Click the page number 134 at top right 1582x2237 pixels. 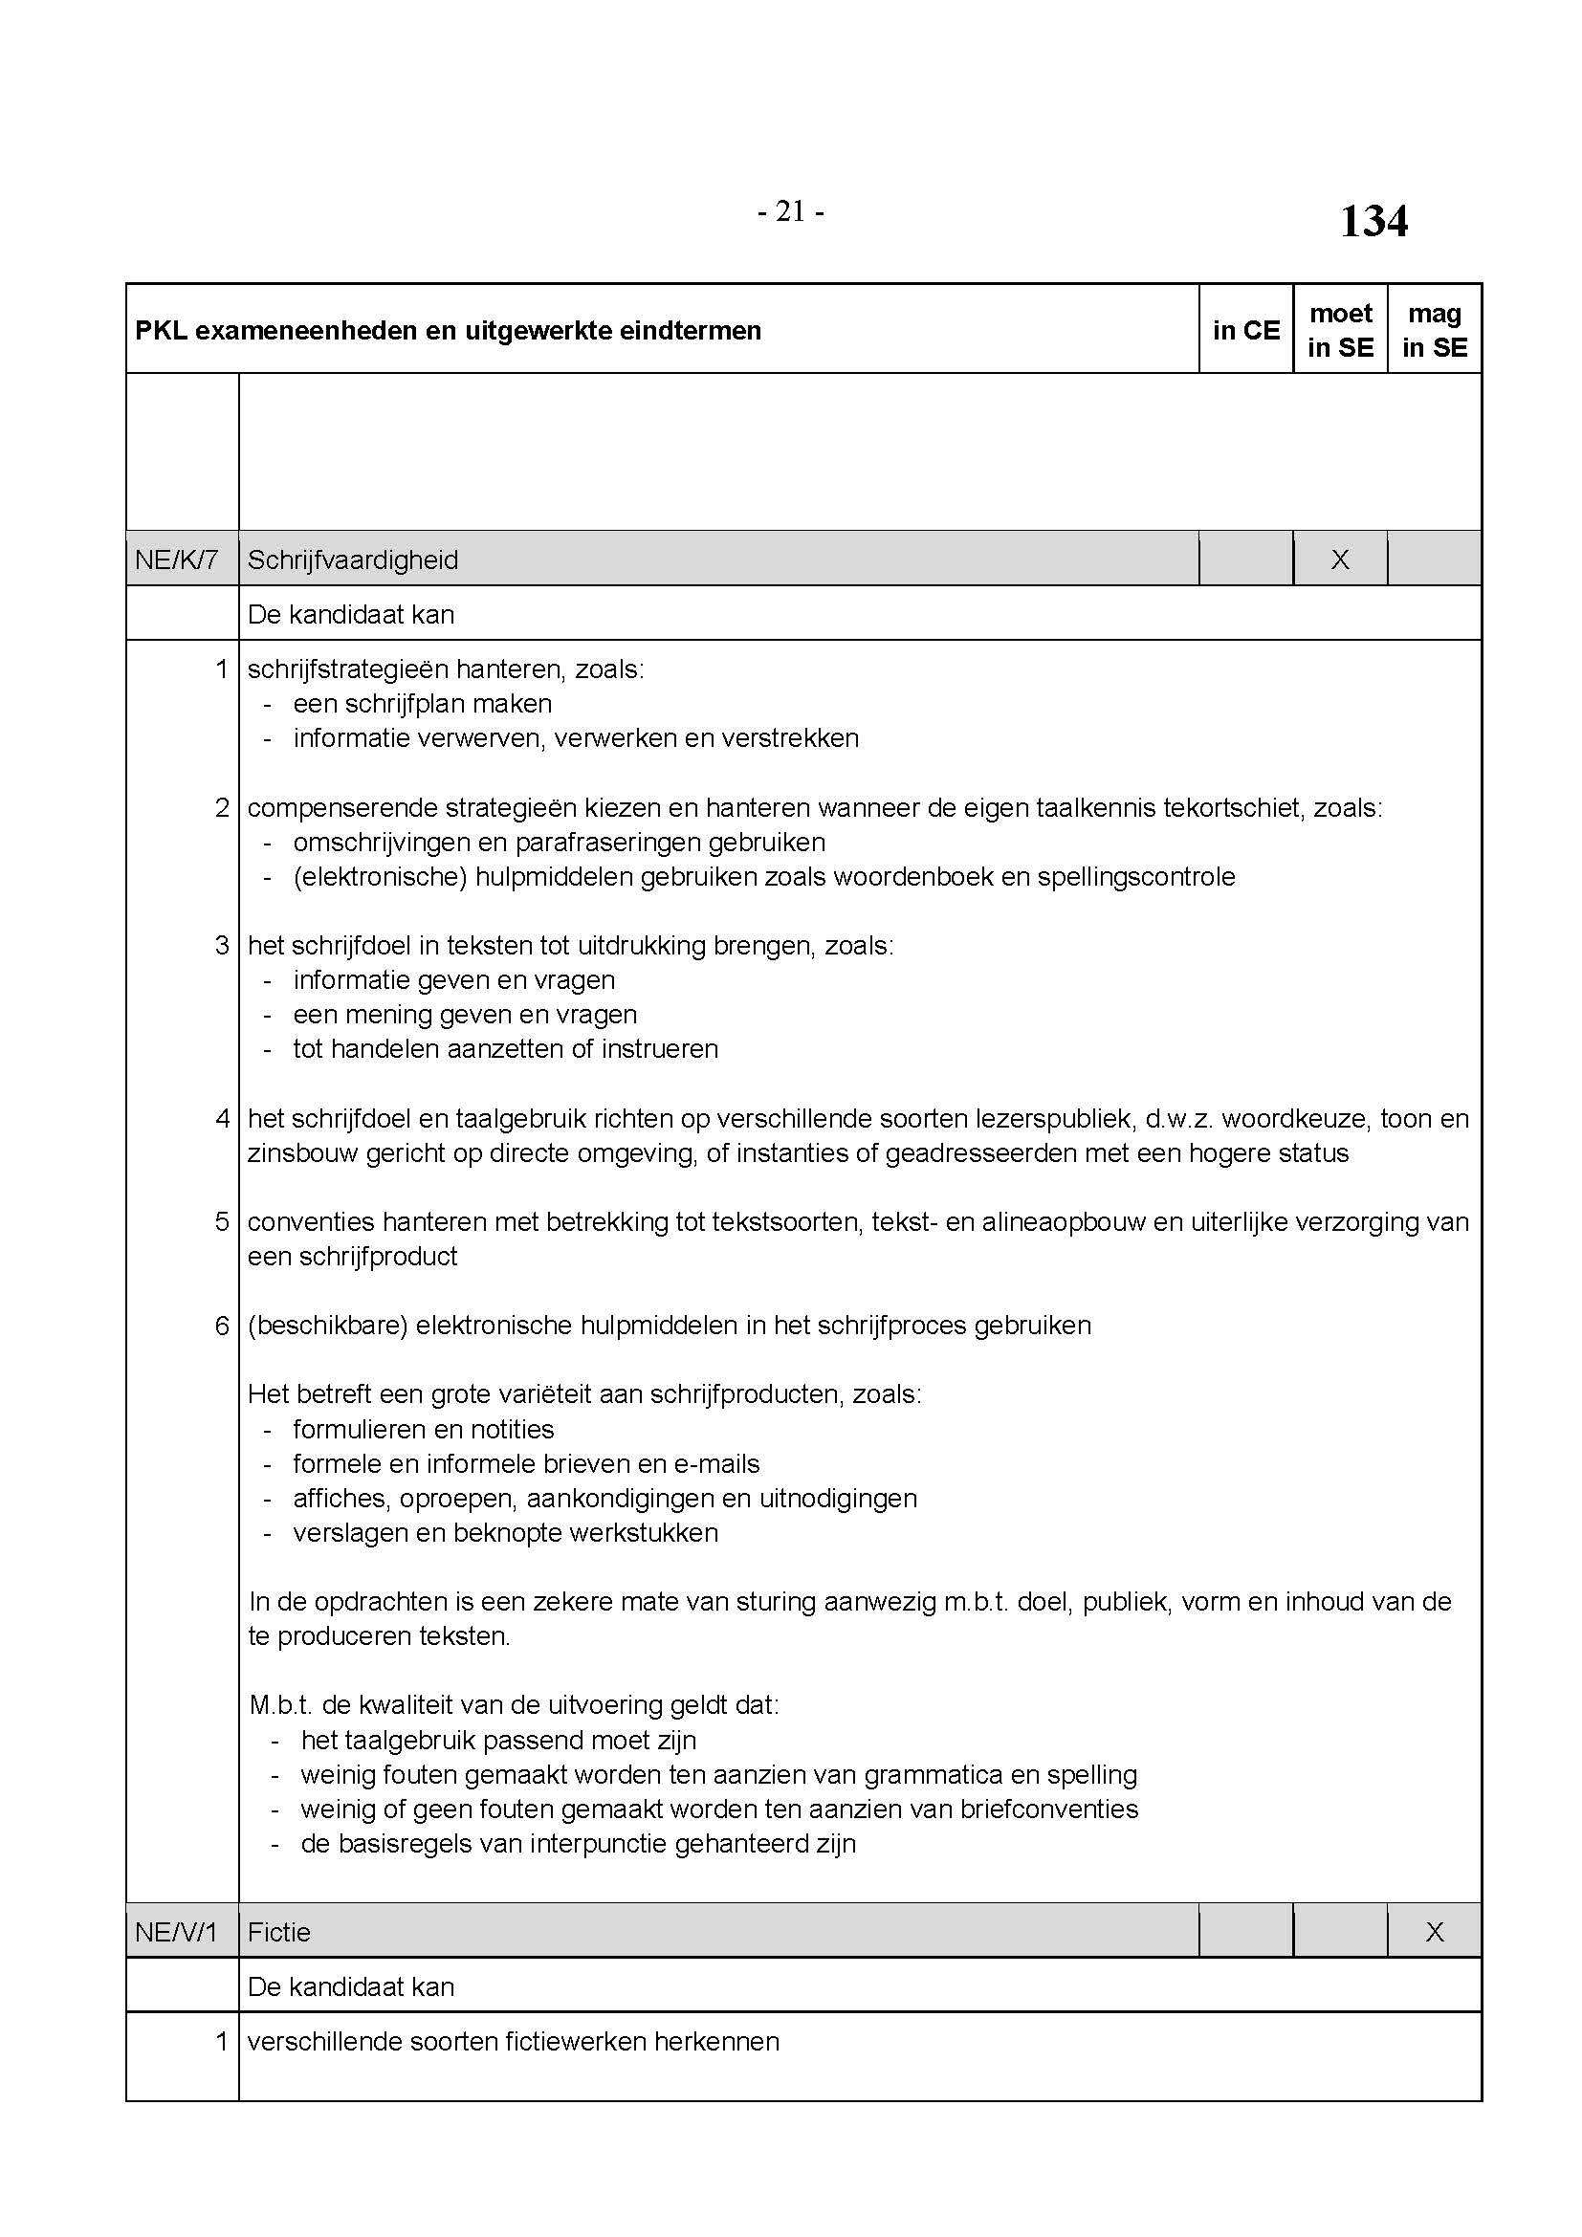click(x=1373, y=221)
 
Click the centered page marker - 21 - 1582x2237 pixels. click(x=790, y=211)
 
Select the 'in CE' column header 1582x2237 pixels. click(x=1246, y=330)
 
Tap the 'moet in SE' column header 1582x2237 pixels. click(x=1340, y=330)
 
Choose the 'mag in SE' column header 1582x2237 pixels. click(x=1435, y=330)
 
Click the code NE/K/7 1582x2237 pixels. click(x=176, y=559)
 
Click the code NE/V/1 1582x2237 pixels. click(x=176, y=1932)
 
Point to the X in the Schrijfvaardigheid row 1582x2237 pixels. click(x=1340, y=559)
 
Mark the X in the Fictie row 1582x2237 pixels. click(x=1435, y=1932)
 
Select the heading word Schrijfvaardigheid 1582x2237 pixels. click(x=353, y=559)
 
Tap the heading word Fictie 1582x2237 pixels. click(x=278, y=1932)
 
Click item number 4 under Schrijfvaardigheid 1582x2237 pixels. click(x=222, y=1119)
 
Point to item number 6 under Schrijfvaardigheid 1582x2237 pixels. click(x=222, y=1325)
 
